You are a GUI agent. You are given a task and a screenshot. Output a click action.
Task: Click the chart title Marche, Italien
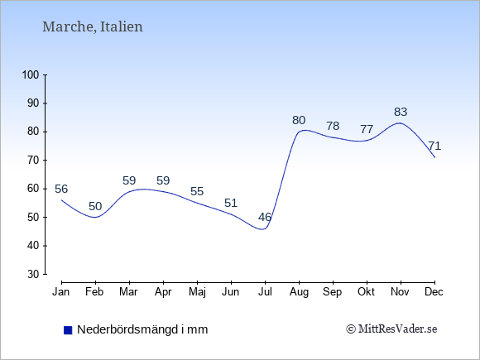pyautogui.click(x=93, y=26)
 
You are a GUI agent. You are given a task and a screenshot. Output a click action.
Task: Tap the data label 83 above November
pyautogui.click(x=401, y=112)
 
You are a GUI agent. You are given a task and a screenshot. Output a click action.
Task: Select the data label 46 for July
pyautogui.click(x=265, y=217)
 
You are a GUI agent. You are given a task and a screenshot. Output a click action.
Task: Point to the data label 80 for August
pyautogui.click(x=299, y=120)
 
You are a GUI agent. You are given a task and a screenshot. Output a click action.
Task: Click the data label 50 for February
pyautogui.click(x=95, y=206)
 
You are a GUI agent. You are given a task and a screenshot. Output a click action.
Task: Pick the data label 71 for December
pyautogui.click(x=434, y=146)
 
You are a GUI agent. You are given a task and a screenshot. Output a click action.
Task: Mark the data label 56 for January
pyautogui.click(x=61, y=189)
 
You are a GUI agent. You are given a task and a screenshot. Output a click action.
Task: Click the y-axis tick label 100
pyautogui.click(x=31, y=74)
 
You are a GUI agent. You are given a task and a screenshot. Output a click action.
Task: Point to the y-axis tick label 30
pyautogui.click(x=33, y=274)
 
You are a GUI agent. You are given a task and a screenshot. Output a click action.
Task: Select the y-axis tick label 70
pyautogui.click(x=33, y=160)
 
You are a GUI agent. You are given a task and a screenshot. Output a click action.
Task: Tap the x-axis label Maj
pyautogui.click(x=197, y=292)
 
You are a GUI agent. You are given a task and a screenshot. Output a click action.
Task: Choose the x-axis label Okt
pyautogui.click(x=366, y=292)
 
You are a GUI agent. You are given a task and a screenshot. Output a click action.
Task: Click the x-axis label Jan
pyautogui.click(x=61, y=292)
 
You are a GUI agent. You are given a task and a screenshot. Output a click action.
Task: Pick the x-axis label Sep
pyautogui.click(x=332, y=292)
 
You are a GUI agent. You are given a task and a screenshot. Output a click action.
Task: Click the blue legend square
pyautogui.click(x=68, y=330)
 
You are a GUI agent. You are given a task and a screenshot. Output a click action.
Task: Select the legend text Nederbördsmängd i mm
pyautogui.click(x=142, y=329)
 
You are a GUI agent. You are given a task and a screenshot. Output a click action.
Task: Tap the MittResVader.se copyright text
pyautogui.click(x=391, y=329)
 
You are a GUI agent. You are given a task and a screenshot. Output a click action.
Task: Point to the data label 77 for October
pyautogui.click(x=367, y=129)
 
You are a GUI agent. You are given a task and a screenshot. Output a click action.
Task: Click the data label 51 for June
pyautogui.click(x=231, y=203)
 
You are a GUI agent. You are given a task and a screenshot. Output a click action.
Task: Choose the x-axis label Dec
pyautogui.click(x=434, y=292)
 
